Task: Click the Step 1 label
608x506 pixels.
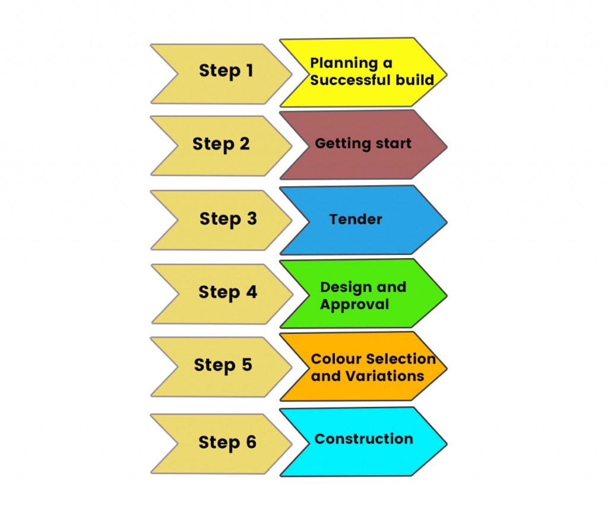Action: [226, 71]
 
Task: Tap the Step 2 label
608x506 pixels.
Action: [221, 145]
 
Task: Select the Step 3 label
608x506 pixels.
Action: [228, 219]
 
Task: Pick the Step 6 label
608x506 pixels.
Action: [227, 443]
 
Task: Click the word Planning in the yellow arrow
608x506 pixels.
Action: [344, 63]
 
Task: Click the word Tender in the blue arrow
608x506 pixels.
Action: [356, 219]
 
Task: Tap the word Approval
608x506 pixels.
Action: [354, 305]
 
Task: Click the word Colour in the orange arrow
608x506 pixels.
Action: [331, 359]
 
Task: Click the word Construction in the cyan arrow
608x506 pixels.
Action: [364, 438]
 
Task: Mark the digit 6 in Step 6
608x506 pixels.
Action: [251, 442]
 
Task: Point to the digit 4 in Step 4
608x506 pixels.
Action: [252, 292]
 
